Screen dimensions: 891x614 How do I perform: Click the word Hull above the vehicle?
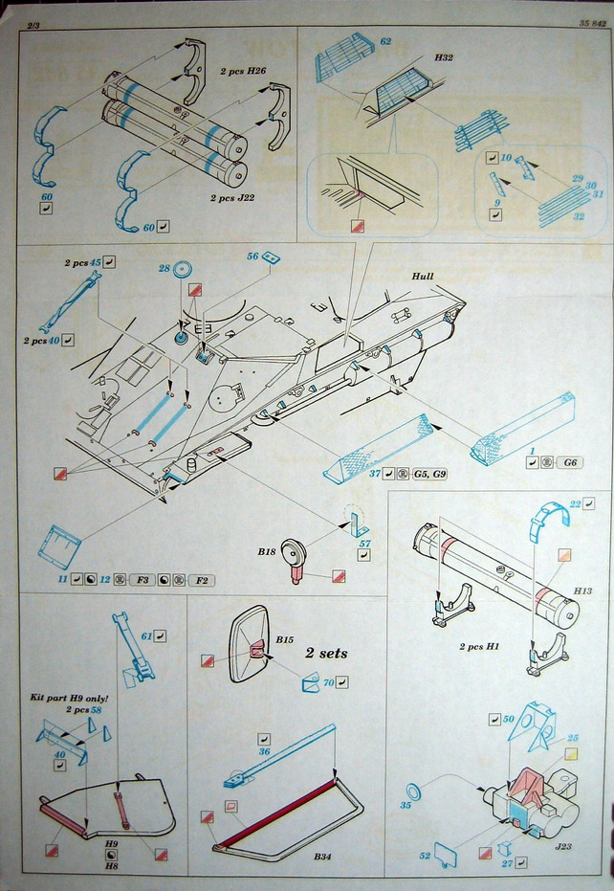tap(422, 276)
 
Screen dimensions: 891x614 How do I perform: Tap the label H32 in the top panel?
tap(443, 58)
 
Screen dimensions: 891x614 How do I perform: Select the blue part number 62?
tap(385, 42)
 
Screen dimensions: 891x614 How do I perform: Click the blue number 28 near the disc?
tap(164, 270)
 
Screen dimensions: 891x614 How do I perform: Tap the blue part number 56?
tap(253, 256)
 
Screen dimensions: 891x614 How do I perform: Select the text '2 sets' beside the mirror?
tap(326, 653)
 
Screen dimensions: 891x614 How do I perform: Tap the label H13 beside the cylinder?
tap(582, 591)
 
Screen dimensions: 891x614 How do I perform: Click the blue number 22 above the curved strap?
tap(576, 504)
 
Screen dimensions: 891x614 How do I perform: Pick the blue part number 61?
tap(146, 635)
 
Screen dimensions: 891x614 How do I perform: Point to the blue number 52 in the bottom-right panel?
tap(424, 854)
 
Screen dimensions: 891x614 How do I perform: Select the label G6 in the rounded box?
tap(573, 461)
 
